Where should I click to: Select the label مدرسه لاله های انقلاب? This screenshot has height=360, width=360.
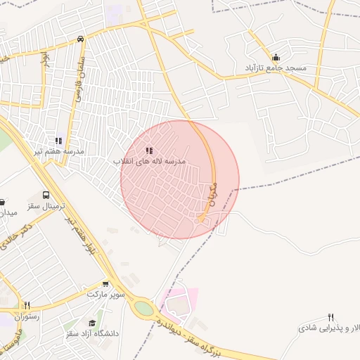tap(150, 161)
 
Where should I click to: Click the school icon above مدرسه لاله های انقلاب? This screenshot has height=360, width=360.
tap(149, 150)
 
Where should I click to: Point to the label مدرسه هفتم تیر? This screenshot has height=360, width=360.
tap(60, 151)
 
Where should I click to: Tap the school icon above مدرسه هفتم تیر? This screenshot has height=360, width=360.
tap(59, 141)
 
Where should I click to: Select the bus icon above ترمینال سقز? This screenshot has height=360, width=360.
tap(46, 195)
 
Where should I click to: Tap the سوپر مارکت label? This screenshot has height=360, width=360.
tap(105, 294)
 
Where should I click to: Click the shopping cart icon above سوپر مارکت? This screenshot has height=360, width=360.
tap(105, 285)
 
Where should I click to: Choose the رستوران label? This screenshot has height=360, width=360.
tap(27, 316)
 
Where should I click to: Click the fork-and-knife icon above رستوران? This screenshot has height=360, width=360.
tap(27, 306)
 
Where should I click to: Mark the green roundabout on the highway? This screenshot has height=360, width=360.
tap(143, 308)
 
